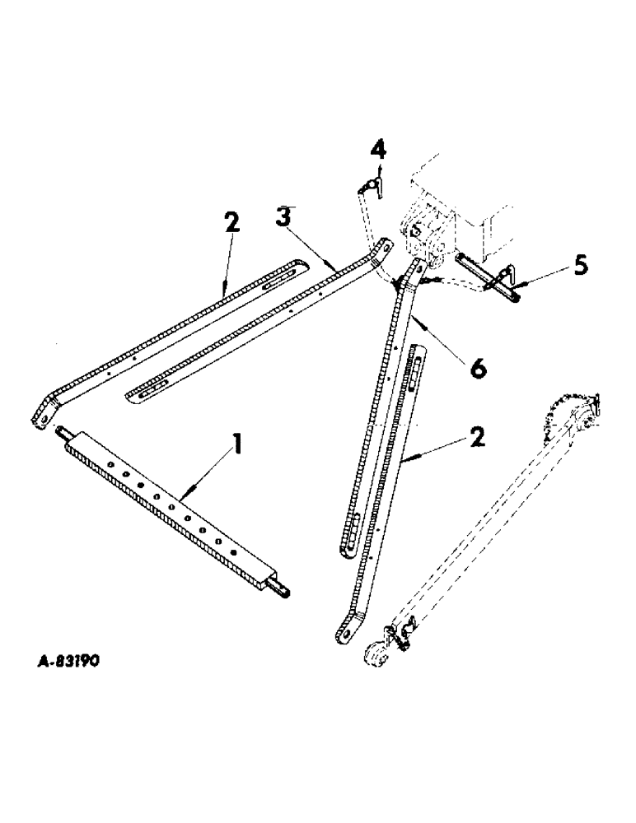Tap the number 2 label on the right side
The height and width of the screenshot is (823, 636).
(x=476, y=438)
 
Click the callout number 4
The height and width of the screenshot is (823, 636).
(x=377, y=153)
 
